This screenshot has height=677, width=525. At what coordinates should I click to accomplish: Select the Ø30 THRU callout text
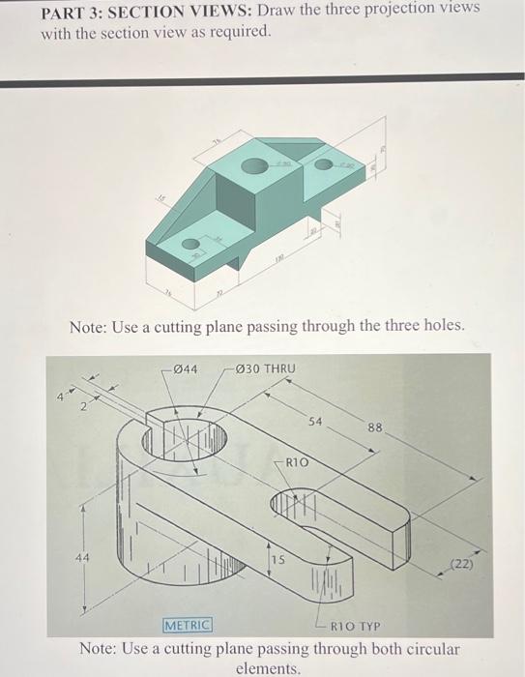pyautogui.click(x=264, y=368)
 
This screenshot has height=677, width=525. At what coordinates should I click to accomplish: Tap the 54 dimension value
pyautogui.click(x=315, y=422)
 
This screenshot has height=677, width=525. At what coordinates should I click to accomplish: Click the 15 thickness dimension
pyautogui.click(x=277, y=560)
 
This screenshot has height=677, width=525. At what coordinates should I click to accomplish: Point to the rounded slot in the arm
pyautogui.click(x=302, y=503)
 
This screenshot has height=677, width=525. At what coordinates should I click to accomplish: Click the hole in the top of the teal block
pyautogui.click(x=254, y=166)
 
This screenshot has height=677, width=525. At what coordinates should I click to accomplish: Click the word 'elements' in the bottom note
pyautogui.click(x=269, y=666)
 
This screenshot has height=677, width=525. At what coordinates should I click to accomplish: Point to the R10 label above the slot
pyautogui.click(x=298, y=463)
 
